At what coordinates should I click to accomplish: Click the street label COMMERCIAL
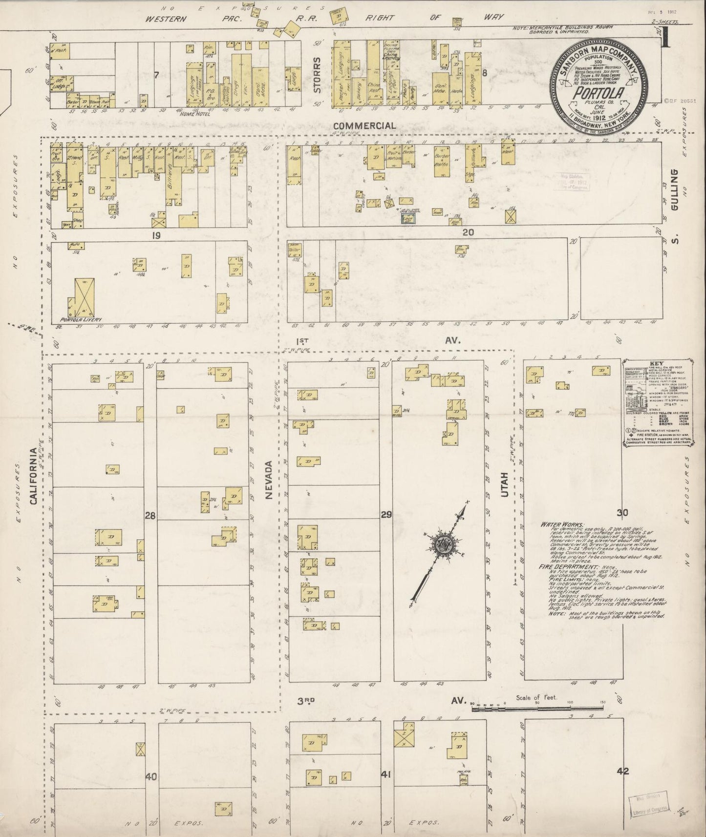click(x=372, y=126)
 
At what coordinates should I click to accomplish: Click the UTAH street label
click(x=505, y=485)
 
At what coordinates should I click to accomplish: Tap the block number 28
click(x=150, y=515)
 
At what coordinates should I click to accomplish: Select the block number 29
click(x=386, y=515)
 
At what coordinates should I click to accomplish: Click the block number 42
click(x=622, y=772)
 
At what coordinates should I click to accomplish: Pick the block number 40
click(x=151, y=776)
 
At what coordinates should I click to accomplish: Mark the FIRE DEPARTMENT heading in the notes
click(x=562, y=566)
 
